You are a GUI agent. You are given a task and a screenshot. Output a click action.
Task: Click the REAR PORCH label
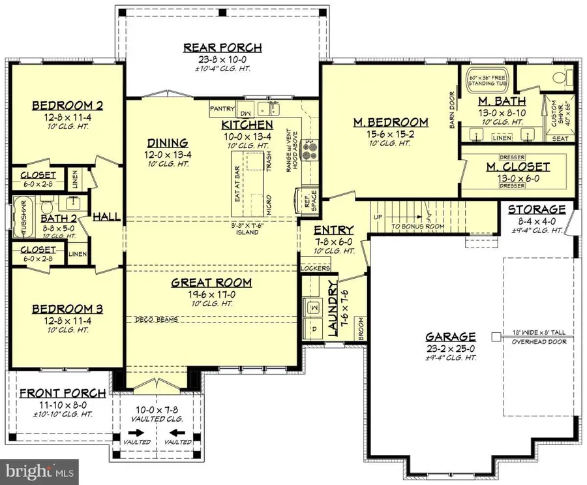point(222,48)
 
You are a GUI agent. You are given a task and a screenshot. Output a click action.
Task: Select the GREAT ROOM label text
point(211,283)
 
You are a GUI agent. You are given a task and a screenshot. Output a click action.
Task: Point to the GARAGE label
point(450,337)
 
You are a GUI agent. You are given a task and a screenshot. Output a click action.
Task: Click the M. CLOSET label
point(518,167)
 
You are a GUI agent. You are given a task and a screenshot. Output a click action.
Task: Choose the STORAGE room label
point(537,210)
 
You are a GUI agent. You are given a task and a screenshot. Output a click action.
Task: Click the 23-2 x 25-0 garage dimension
point(450,349)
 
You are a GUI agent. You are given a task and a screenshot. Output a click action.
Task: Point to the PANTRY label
point(222,108)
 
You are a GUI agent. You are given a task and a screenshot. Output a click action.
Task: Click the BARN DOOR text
point(452,110)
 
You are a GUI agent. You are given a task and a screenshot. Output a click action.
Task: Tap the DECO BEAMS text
point(156,319)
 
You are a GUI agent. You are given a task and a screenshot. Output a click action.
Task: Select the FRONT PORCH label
point(63,393)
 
